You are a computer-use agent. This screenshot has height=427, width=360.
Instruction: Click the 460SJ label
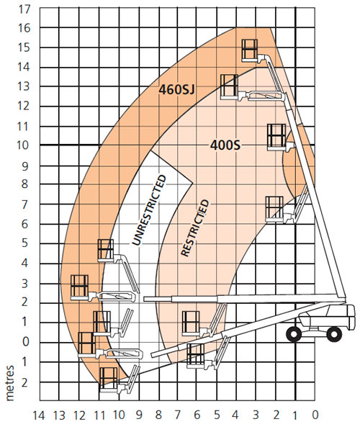tap(176, 89)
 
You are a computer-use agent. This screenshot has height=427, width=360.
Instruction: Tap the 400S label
tap(225, 145)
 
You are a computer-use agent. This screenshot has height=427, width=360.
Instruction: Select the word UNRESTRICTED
tap(149, 210)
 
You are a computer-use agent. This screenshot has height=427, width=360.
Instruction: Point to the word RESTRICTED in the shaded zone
tap(195, 228)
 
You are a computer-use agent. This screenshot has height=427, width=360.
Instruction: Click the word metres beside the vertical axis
tap(10, 383)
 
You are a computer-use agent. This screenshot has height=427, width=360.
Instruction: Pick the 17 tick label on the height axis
tap(24, 9)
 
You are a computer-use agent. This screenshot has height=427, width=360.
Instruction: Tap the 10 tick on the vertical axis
tap(23, 145)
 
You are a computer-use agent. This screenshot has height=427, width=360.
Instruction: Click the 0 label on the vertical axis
tap(25, 341)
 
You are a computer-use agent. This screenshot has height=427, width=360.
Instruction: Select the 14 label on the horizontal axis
tap(39, 415)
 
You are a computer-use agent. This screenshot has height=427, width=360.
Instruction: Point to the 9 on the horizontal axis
tap(139, 415)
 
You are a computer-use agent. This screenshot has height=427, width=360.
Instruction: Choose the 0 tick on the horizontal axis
tap(315, 415)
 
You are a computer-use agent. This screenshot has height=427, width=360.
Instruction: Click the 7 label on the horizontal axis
tap(178, 415)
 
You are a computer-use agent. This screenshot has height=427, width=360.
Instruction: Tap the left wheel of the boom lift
tap(294, 334)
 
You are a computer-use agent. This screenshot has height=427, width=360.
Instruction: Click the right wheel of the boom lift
tap(334, 334)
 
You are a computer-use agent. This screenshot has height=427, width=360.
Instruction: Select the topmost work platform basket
tap(250, 50)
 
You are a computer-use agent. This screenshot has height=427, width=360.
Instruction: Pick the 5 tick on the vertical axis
tap(25, 243)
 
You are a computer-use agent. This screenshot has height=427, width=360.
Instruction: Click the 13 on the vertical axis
tap(24, 86)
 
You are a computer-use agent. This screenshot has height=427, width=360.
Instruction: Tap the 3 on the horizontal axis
tap(256, 415)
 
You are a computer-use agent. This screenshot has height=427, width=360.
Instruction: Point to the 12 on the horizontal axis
tap(79, 415)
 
